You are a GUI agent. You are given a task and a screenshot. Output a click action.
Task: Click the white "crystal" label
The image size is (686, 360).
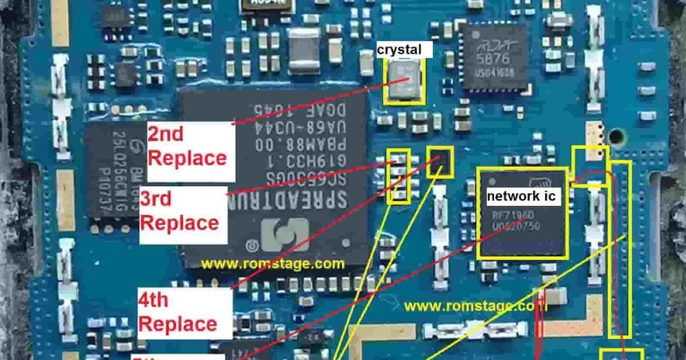399,50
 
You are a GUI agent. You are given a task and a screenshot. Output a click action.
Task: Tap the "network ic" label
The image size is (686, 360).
521,197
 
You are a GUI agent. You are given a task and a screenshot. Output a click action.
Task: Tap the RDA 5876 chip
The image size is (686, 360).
495,57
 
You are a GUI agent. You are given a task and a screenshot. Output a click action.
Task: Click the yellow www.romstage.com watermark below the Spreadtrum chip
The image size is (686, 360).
273,264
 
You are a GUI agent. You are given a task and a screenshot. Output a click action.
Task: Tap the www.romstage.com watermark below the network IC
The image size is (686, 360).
476,306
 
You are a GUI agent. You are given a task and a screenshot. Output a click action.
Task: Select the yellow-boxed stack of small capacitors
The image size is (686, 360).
399,177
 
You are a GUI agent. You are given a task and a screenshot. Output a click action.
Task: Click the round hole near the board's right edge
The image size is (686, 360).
616,137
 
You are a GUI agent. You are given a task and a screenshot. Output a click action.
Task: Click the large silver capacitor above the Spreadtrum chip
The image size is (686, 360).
304,51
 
